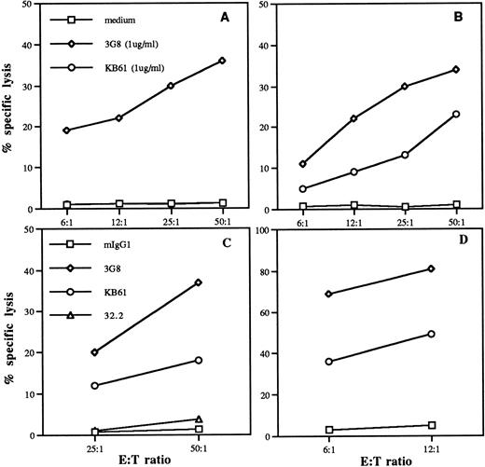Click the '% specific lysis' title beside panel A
10,109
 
